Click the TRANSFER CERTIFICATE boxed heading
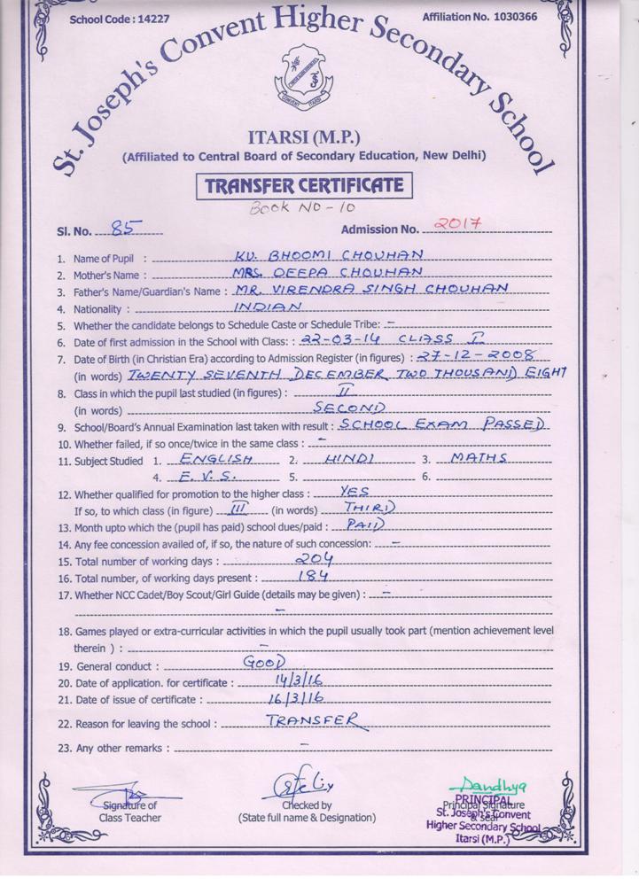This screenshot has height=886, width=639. click(304, 186)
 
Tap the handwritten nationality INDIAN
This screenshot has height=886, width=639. click(269, 307)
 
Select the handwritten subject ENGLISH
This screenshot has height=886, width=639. click(214, 458)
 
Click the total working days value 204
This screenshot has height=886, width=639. click(316, 559)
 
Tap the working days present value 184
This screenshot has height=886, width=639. click(313, 576)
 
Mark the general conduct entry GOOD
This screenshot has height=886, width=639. click(263, 663)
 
